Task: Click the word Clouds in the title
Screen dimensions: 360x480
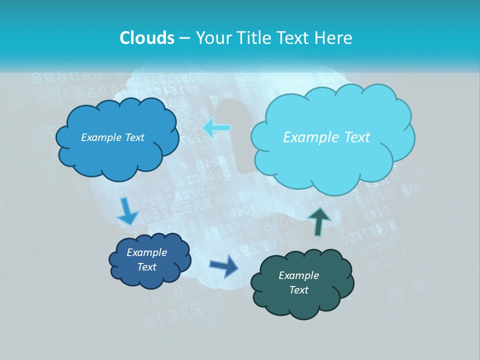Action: point(146,38)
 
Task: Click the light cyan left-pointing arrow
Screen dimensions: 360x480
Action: point(216,128)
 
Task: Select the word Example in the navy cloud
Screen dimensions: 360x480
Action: point(146,252)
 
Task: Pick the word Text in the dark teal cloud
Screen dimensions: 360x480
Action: point(298,290)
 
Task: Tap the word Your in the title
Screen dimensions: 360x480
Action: point(213,38)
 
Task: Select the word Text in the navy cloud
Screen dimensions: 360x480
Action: point(146,267)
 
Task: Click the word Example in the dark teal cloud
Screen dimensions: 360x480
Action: point(298,275)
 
